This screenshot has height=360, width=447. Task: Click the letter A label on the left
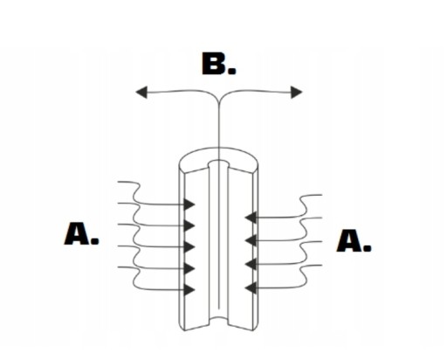point(77,233)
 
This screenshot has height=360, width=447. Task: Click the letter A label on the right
point(349,240)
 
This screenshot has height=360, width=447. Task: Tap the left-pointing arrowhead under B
point(141,93)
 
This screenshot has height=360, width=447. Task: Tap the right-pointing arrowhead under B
point(297,93)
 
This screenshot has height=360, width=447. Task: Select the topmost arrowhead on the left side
point(189,204)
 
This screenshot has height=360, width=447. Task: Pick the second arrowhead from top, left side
point(189,225)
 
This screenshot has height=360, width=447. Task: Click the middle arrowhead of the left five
point(189,246)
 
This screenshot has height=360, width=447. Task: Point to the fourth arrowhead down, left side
point(189,268)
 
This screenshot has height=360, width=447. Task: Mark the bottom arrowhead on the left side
point(189,290)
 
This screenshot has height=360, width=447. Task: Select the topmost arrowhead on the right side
point(251,218)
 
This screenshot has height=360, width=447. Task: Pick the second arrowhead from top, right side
point(251,240)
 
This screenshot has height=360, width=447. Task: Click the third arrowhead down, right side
point(251,264)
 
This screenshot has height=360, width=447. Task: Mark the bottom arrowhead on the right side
point(251,288)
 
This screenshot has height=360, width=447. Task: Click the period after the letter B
point(232,71)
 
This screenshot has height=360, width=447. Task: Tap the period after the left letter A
point(95,240)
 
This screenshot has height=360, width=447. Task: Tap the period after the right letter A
point(368,248)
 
